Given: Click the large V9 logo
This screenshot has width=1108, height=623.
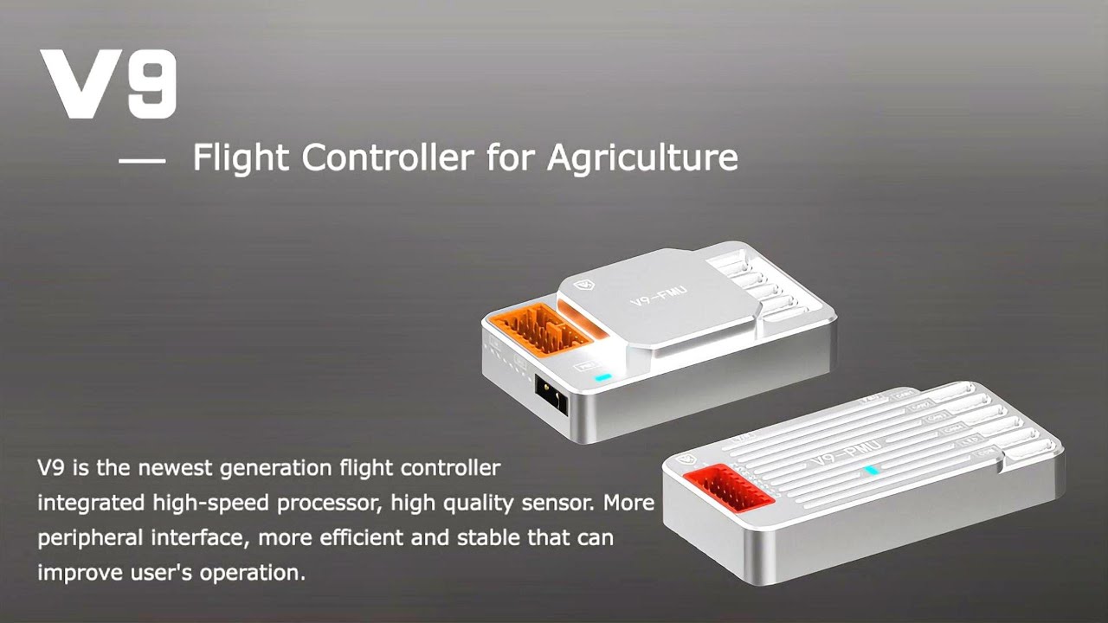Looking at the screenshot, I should pos(108,84).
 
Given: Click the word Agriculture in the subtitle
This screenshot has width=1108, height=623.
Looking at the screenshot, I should pos(642,157).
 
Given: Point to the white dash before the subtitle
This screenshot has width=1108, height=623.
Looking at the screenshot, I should pos(141,160).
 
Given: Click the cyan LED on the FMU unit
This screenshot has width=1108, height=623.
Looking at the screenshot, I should pos(602,377).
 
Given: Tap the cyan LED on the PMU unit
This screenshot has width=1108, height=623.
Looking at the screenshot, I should pos(872,471).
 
